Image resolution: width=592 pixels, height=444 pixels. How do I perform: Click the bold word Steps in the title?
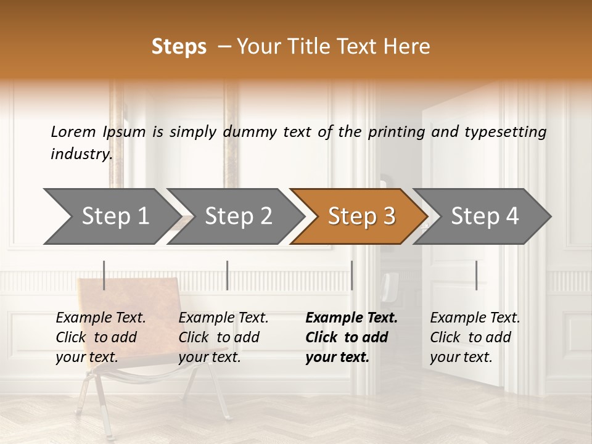(x=179, y=46)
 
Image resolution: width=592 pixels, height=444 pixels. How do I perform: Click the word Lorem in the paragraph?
(x=73, y=131)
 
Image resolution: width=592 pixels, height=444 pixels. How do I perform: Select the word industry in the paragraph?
(x=81, y=154)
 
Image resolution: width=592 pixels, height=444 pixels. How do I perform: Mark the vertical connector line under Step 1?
(x=104, y=275)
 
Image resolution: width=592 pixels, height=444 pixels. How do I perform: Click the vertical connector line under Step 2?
(x=228, y=275)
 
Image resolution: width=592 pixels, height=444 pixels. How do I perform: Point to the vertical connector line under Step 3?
(x=352, y=275)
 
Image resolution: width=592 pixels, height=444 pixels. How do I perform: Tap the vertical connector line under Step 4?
(x=477, y=275)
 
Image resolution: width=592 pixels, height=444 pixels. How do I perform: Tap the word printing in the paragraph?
(x=397, y=131)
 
